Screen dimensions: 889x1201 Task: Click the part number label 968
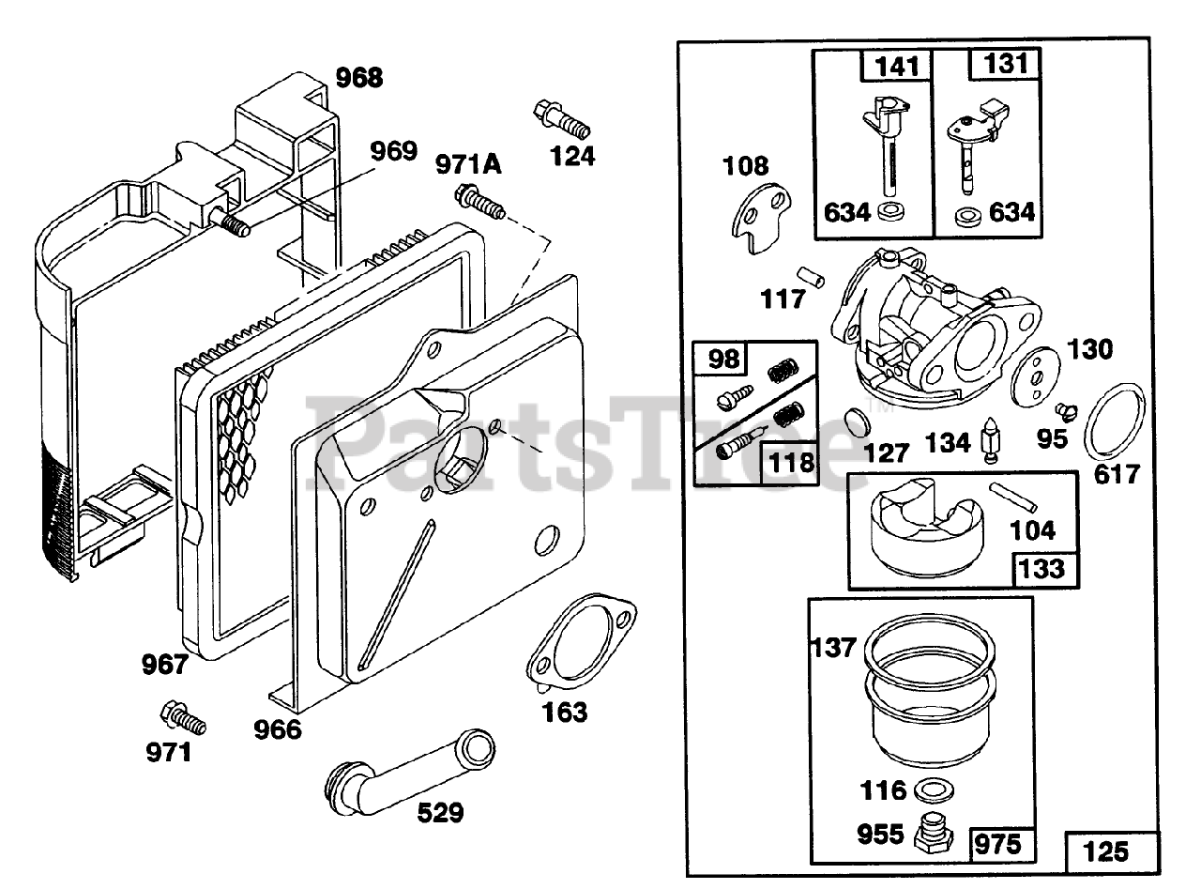(x=359, y=77)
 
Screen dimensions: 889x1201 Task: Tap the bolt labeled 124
(x=560, y=118)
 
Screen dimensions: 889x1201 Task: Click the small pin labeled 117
(x=811, y=277)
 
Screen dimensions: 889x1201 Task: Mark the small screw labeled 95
(x=1066, y=410)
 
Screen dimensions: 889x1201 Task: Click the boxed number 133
(x=1042, y=568)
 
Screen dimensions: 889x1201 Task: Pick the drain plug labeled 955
(x=934, y=831)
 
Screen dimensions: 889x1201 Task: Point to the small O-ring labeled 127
(x=856, y=420)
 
